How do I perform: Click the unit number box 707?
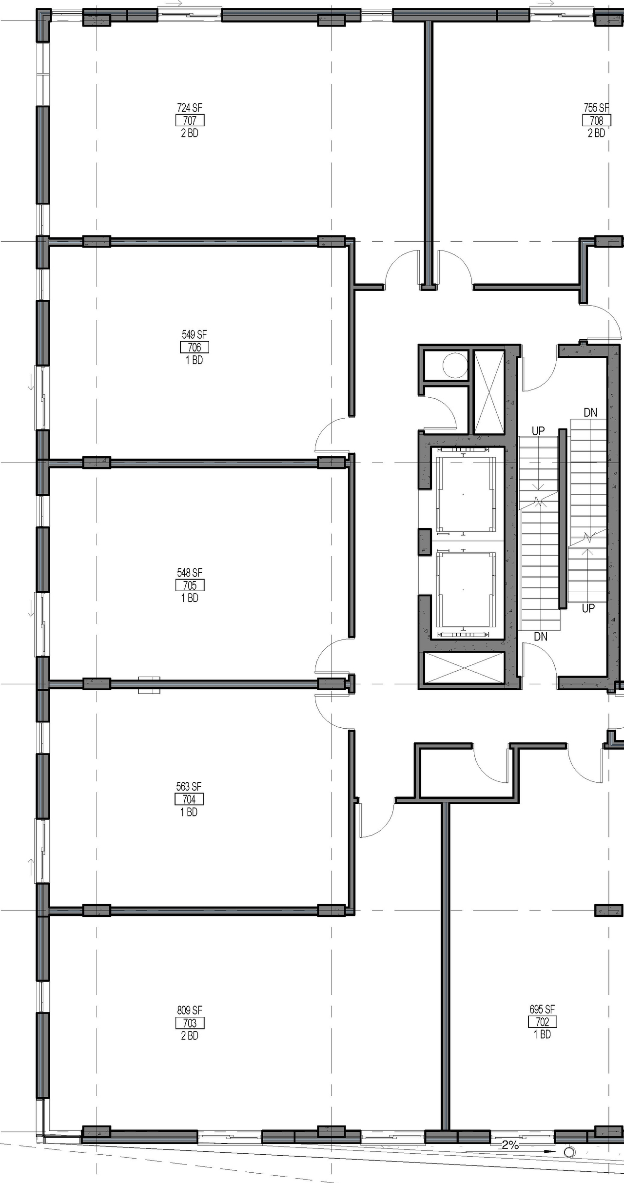tap(190, 120)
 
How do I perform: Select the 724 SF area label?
tap(190, 108)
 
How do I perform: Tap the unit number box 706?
tap(194, 347)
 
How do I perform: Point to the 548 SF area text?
tap(190, 572)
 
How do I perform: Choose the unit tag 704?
tap(189, 799)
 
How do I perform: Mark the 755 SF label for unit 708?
tap(597, 108)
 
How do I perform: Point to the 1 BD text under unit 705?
tap(190, 598)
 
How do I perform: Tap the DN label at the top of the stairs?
tap(590, 412)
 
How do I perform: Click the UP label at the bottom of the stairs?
tap(588, 608)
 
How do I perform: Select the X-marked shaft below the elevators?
tap(464, 668)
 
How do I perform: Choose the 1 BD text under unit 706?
tap(194, 360)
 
